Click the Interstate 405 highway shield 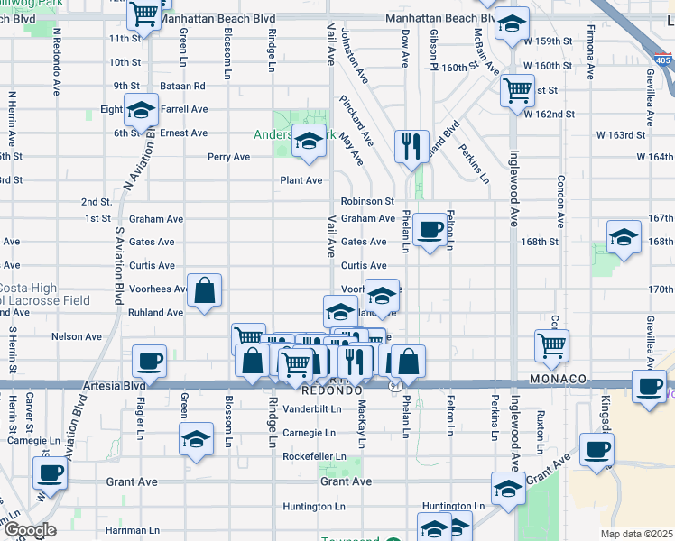click(662, 60)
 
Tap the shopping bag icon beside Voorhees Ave click(206, 291)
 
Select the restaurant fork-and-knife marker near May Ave click(411, 145)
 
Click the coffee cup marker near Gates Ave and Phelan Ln click(431, 229)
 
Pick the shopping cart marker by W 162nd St click(518, 89)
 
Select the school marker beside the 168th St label click(624, 237)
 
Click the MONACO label click(558, 379)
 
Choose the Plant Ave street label click(301, 180)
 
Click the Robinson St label click(367, 202)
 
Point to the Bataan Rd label click(184, 86)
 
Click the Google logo click(29, 530)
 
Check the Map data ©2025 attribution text click(636, 534)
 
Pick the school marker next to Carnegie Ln click(196, 439)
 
